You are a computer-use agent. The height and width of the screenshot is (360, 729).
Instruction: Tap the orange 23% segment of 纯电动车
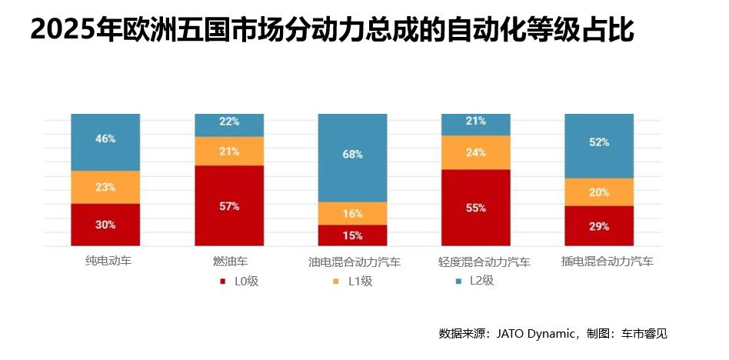coord(105,187)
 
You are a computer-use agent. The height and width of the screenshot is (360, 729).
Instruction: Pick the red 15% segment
coord(352,235)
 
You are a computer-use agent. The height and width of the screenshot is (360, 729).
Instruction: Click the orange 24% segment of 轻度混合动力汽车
coord(475,152)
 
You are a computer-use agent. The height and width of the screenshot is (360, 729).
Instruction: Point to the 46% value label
coord(106,139)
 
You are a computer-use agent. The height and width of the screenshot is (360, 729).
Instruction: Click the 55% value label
coord(475,208)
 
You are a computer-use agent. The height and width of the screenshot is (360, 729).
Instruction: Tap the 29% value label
coord(599,227)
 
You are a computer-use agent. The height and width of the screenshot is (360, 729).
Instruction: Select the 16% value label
coord(352,213)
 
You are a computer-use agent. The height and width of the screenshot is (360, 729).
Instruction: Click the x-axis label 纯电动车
coord(108,262)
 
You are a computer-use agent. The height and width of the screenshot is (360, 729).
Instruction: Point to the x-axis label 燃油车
coord(230,262)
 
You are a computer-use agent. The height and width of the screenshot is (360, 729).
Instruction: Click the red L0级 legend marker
coord(222,282)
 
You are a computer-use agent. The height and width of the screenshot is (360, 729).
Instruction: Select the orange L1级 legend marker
coord(336,282)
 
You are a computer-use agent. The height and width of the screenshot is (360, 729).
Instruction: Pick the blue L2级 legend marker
coord(458,282)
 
